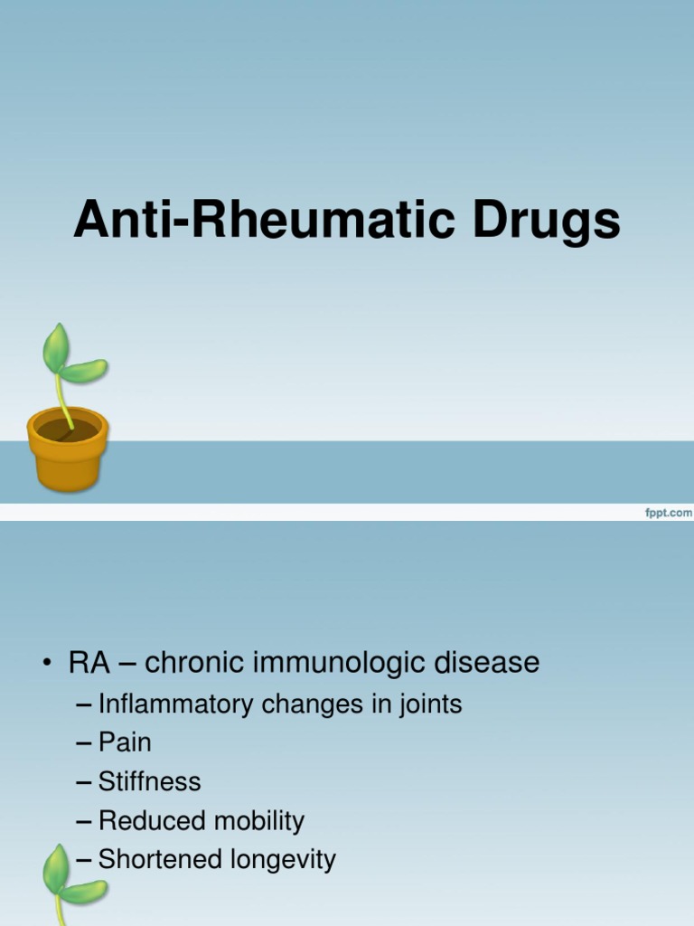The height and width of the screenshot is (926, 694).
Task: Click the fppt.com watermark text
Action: pyautogui.click(x=667, y=513)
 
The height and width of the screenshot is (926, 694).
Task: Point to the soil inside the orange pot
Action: pyautogui.click(x=67, y=430)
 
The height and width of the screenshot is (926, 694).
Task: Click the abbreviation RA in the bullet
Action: pyautogui.click(x=89, y=663)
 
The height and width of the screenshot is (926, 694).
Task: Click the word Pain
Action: pyautogui.click(x=125, y=743)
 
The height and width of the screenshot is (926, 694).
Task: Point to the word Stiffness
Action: pyautogui.click(x=149, y=781)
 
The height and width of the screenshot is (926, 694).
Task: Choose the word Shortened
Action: pyautogui.click(x=159, y=859)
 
